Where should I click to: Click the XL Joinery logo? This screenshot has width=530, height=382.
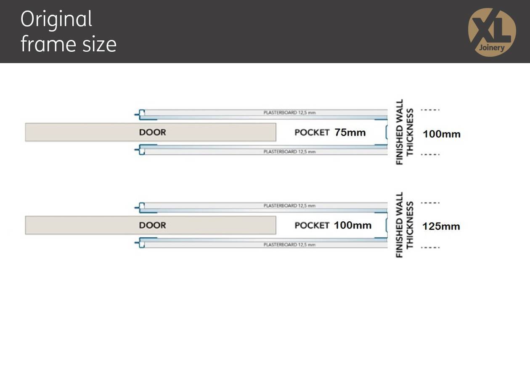tap(492, 32)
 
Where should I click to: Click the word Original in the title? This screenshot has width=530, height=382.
tap(56, 20)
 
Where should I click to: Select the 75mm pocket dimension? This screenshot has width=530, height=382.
tap(350, 133)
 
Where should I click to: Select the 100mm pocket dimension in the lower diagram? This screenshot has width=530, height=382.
tap(352, 225)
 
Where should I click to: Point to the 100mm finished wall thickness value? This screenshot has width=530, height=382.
tap(442, 134)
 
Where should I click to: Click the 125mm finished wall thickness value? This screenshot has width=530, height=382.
tap(441, 226)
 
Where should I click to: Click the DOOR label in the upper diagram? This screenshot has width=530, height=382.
tap(153, 132)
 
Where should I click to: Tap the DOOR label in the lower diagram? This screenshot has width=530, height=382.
tap(153, 225)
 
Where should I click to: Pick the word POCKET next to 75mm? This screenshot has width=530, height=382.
tap(312, 133)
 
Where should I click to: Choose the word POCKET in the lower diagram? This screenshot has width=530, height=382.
tap(312, 225)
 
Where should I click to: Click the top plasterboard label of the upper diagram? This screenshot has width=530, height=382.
tap(289, 113)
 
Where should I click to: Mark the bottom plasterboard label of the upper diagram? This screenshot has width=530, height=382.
tap(289, 152)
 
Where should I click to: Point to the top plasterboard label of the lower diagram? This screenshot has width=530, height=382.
tap(289, 206)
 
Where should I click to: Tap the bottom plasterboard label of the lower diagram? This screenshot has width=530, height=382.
tap(289, 245)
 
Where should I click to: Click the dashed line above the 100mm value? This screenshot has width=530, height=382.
tap(430, 110)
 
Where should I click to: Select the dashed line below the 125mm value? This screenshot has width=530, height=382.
tap(430, 247)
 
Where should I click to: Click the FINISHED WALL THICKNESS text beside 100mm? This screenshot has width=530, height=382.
tap(405, 132)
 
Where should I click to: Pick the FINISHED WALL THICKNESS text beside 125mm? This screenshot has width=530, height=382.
tap(405, 225)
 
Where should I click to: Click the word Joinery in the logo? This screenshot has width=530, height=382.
tap(492, 48)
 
